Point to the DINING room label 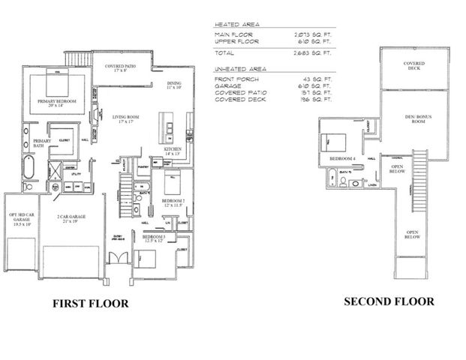173,85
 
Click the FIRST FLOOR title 90,304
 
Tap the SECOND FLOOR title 389,302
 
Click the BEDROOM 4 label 342,160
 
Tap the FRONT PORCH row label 234,78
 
